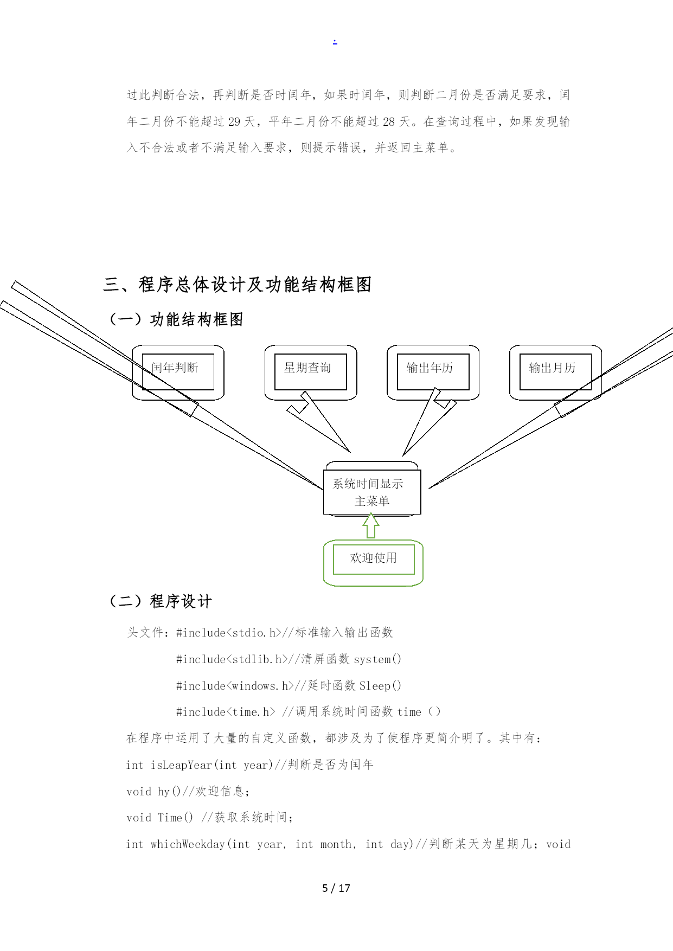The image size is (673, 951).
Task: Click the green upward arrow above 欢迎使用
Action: coord(371,526)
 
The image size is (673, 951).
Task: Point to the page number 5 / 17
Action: coord(336,888)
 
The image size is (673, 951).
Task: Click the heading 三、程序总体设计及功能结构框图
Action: coord(238,285)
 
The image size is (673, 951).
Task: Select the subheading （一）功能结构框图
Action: coord(175,319)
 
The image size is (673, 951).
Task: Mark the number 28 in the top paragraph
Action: coord(389,122)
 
